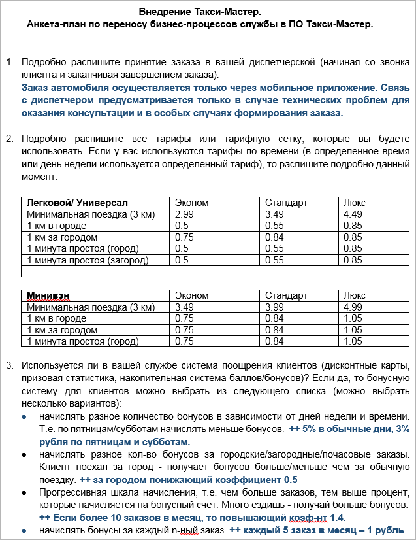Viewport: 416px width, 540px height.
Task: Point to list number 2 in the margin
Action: pyautogui.click(x=10, y=139)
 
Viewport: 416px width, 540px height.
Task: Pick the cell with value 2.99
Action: pyautogui.click(x=185, y=214)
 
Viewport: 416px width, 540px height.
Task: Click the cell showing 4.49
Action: pyautogui.click(x=353, y=214)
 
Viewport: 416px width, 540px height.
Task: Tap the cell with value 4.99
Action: pyautogui.click(x=353, y=307)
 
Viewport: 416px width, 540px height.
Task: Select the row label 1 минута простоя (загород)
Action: pyautogui.click(x=88, y=260)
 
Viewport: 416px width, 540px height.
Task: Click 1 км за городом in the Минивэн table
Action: pyautogui.click(x=62, y=330)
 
